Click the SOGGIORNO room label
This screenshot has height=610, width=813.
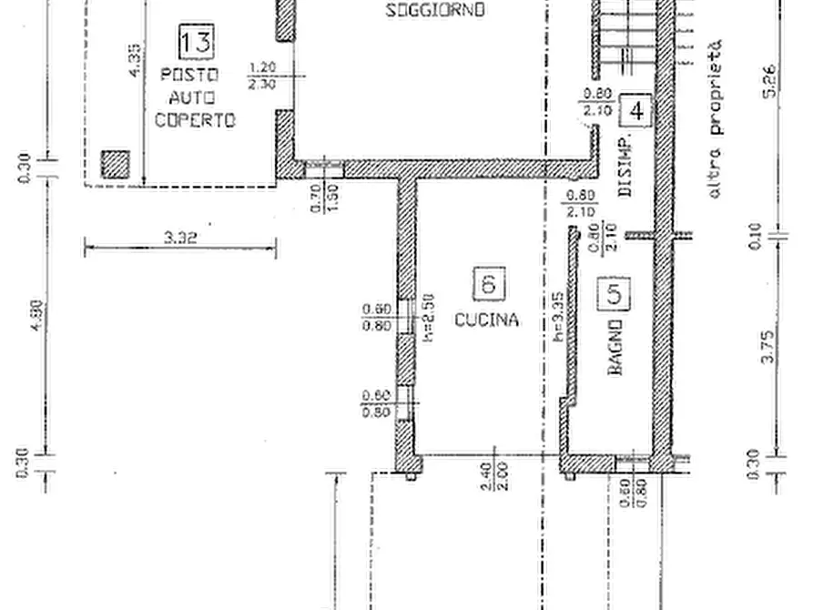(435, 11)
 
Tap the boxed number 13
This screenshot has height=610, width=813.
(197, 41)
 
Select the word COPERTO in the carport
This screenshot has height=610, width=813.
(195, 120)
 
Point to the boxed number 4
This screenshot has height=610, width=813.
(635, 110)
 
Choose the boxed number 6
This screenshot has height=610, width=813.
(489, 283)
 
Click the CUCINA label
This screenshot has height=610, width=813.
(487, 320)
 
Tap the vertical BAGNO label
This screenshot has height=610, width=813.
(615, 348)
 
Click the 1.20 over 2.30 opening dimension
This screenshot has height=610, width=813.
(261, 75)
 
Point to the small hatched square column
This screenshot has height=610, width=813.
(115, 164)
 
